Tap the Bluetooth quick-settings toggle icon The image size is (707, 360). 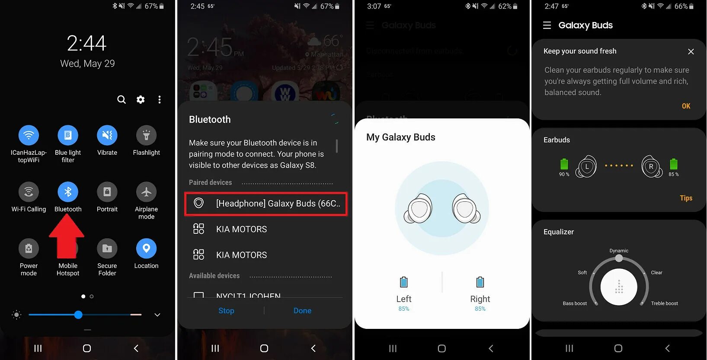68,192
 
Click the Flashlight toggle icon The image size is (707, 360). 146,135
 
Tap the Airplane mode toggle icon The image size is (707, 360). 146,192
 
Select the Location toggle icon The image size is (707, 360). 146,248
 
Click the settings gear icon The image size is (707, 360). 141,100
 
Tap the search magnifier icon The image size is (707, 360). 122,100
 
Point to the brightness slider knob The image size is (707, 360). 78,315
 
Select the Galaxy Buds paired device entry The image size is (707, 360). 266,204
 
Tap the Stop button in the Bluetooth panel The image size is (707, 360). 226,311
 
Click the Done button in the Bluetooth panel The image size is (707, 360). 302,311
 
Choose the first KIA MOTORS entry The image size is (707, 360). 241,229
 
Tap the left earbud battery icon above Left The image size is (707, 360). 403,282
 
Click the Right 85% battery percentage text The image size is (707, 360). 480,309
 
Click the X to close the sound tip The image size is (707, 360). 691,52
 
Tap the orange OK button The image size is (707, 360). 686,106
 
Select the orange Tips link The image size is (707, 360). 686,198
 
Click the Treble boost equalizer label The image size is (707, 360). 664,303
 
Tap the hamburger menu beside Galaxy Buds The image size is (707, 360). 547,25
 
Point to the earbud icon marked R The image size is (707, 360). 651,167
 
